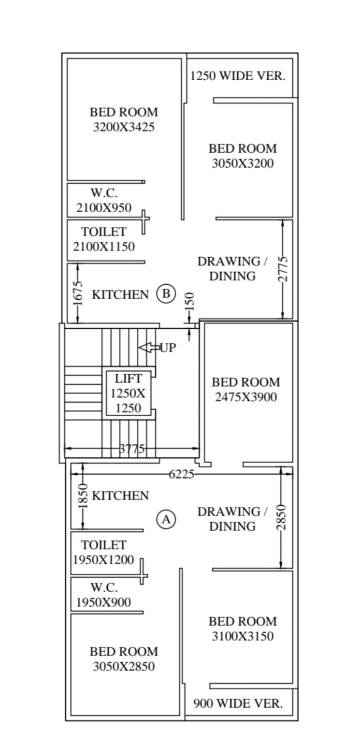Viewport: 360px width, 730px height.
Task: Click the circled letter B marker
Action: pyautogui.click(x=166, y=294)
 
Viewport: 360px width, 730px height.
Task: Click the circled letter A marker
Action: pyautogui.click(x=166, y=519)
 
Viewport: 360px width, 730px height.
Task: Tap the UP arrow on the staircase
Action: pyautogui.click(x=148, y=348)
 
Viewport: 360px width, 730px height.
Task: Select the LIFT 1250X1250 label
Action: pyautogui.click(x=128, y=393)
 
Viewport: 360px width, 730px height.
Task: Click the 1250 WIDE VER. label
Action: pyautogui.click(x=238, y=76)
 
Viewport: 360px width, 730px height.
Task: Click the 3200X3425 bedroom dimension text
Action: pyautogui.click(x=124, y=128)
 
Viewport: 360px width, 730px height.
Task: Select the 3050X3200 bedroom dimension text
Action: pyautogui.click(x=243, y=163)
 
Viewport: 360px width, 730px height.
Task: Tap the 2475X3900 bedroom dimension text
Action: pyautogui.click(x=246, y=397)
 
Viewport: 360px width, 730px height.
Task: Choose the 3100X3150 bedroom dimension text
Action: pyautogui.click(x=243, y=636)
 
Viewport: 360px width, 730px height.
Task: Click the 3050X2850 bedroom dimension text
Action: pyautogui.click(x=124, y=666)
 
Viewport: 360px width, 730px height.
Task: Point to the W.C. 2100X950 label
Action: pyautogui.click(x=104, y=201)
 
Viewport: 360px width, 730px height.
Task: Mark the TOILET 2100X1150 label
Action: pyautogui.click(x=104, y=239)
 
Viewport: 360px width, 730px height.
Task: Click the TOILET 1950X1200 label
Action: pyautogui.click(x=103, y=553)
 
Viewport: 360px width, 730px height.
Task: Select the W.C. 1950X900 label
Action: pyautogui.click(x=103, y=595)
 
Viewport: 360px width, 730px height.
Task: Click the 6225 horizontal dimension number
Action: pyautogui.click(x=181, y=475)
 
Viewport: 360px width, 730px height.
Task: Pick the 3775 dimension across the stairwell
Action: pyautogui.click(x=131, y=449)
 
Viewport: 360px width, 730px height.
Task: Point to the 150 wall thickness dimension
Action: pyautogui.click(x=189, y=302)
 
